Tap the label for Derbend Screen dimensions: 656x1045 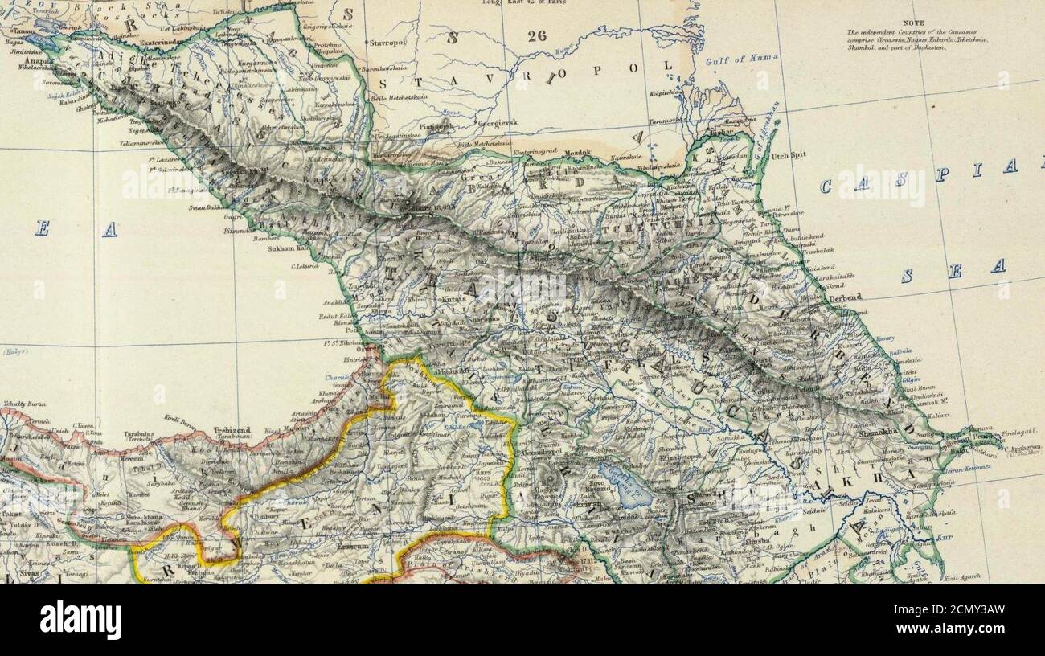845,297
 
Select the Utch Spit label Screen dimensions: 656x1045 790,155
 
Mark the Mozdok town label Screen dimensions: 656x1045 576,152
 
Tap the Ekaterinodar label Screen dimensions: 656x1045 163,35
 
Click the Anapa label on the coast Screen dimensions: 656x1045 35,59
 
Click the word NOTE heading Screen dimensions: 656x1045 913,23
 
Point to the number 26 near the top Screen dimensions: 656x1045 537,35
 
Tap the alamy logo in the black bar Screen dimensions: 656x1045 80,620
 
